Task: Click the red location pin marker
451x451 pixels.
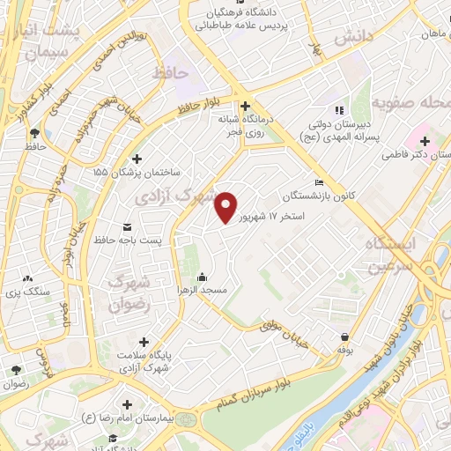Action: coord(225,207)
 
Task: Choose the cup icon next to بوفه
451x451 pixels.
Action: coord(344,336)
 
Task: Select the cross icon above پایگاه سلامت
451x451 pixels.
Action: coord(144,341)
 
